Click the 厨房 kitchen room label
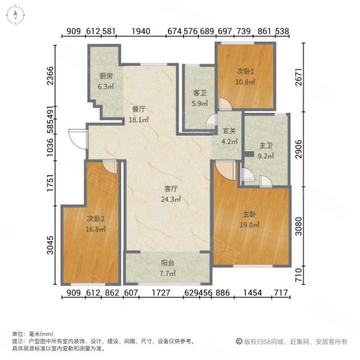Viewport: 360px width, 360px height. click(106, 76)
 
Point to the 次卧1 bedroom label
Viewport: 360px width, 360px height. click(245, 71)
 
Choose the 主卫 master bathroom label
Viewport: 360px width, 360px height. click(266, 145)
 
